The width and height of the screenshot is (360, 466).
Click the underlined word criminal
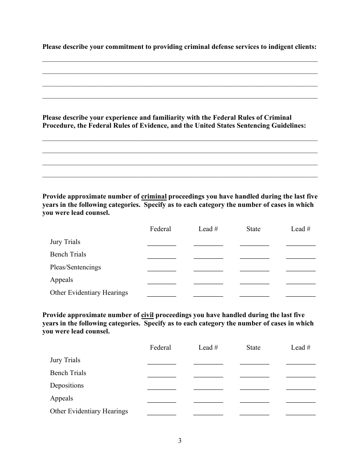click(154, 197)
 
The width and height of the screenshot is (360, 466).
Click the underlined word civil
click(147, 315)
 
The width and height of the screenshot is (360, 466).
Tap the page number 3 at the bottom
click(180, 441)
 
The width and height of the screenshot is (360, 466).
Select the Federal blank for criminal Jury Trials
click(161, 243)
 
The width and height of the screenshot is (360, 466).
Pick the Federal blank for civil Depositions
click(161, 386)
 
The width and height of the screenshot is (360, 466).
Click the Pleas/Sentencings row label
click(75, 267)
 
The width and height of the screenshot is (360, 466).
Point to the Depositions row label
click(67, 385)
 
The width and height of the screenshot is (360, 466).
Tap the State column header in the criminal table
click(253, 229)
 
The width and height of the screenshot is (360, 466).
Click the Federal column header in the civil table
click(160, 347)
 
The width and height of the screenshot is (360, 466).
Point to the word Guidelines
click(288, 126)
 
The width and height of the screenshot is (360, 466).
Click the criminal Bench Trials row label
click(68, 254)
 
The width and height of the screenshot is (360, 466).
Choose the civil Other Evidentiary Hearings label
click(89, 411)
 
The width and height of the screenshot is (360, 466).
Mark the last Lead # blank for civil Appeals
click(301, 399)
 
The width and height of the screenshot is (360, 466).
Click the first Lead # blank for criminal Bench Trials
click(208, 256)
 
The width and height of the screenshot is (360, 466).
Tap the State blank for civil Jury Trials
click(254, 361)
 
